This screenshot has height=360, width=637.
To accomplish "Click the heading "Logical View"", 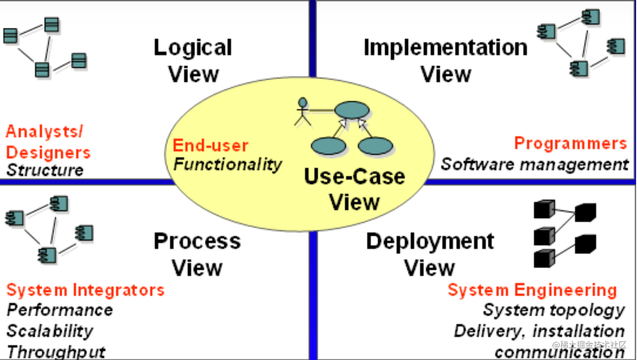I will (x=193, y=61).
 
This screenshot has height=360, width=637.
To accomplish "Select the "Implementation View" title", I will (x=445, y=61).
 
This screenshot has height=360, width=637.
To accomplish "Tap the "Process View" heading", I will (x=197, y=254).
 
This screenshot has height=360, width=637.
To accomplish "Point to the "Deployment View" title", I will (x=430, y=254).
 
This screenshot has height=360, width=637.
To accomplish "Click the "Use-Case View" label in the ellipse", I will (x=354, y=189).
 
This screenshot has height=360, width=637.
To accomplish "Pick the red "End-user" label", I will (x=210, y=146).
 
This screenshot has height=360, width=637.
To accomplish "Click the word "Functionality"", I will (x=228, y=164).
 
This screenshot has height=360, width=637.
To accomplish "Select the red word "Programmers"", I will (x=571, y=143).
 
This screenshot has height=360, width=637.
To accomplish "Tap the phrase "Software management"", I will (x=535, y=164).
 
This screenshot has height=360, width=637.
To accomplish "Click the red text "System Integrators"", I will (x=85, y=290).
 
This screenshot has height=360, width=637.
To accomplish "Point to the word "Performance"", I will (x=60, y=310).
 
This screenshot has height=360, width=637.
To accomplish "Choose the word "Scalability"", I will (x=50, y=331).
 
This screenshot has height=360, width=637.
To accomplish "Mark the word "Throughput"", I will (x=56, y=352).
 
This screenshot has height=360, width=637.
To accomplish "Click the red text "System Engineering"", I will (x=532, y=290).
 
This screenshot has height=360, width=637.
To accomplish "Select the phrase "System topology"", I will (x=554, y=310).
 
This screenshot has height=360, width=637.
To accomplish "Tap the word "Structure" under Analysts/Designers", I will (x=45, y=170).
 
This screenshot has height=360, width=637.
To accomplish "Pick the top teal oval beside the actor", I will (x=352, y=109).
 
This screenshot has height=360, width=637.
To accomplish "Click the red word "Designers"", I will (x=48, y=152).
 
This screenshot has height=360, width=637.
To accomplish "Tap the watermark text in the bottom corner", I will (x=589, y=345).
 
